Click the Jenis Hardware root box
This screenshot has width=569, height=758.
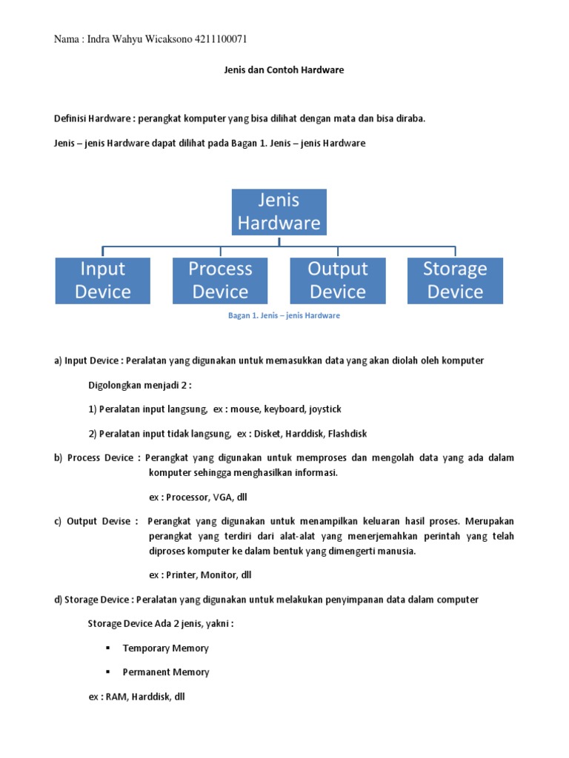click(x=279, y=212)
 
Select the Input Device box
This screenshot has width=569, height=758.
click(x=103, y=281)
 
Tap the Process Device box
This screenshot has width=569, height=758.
click(x=220, y=281)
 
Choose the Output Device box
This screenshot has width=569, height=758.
click(x=338, y=281)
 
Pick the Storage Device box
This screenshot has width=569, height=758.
click(x=455, y=281)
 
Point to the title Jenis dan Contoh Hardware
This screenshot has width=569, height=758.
click(x=284, y=70)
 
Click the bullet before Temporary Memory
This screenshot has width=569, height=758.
click(x=107, y=648)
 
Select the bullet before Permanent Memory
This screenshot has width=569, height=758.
click(x=107, y=673)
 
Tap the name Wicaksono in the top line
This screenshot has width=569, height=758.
click(x=167, y=39)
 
